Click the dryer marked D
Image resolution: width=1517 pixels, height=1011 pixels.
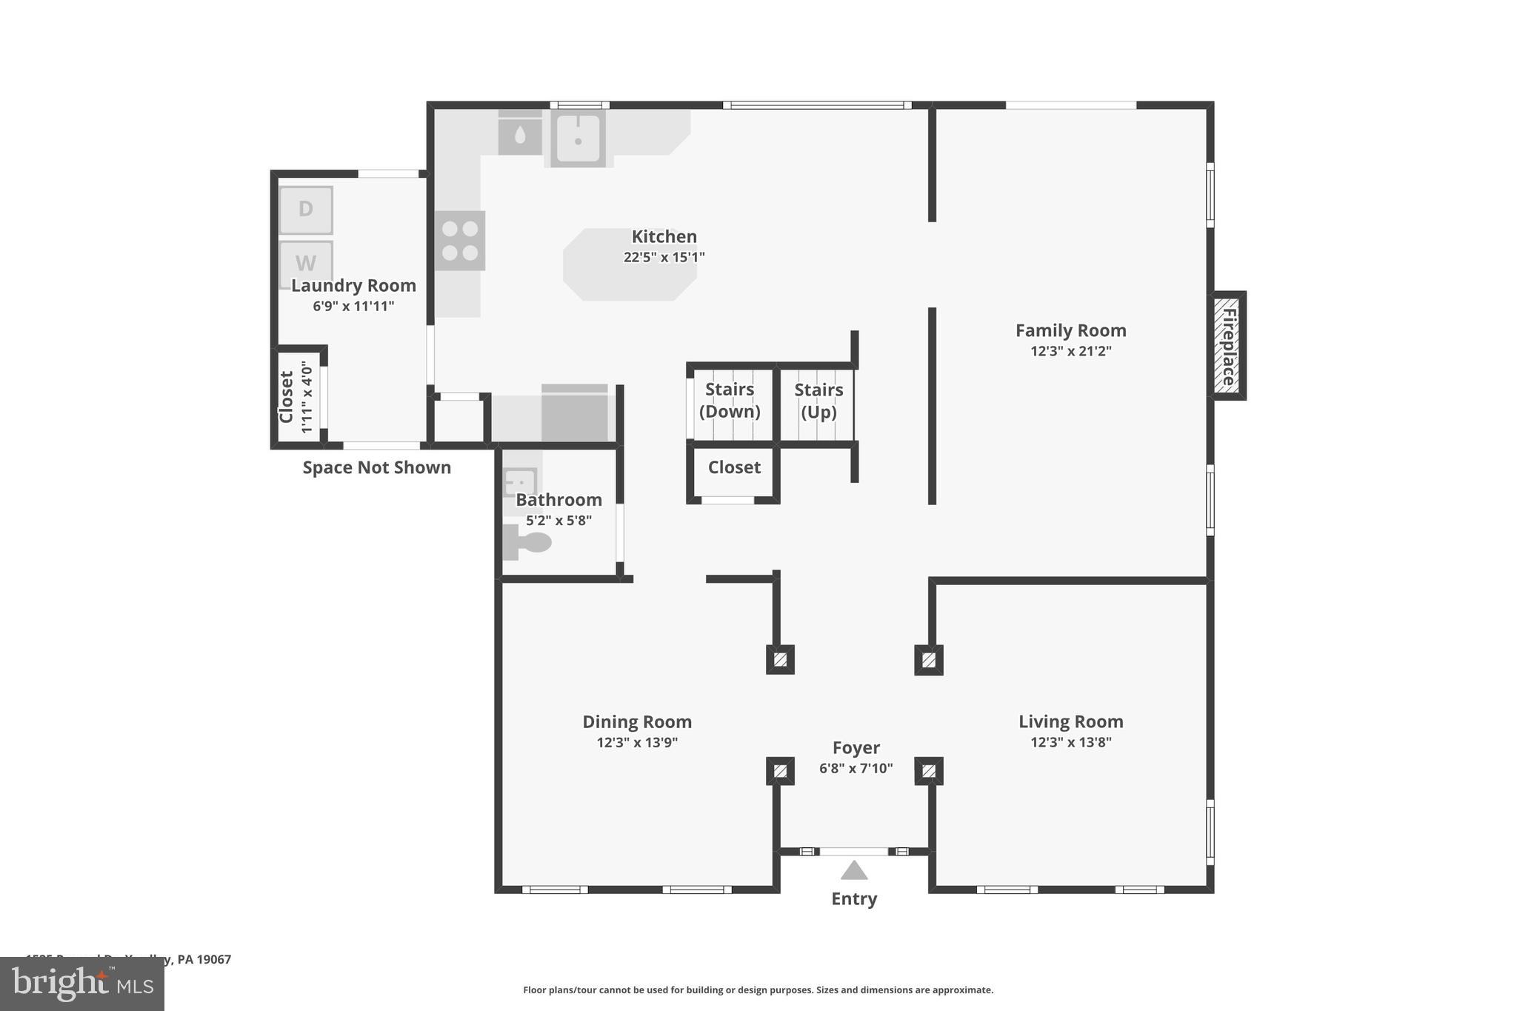pos(306,210)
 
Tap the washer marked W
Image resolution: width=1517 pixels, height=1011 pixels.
pos(306,261)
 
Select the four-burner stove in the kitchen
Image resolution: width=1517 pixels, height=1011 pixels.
pos(460,241)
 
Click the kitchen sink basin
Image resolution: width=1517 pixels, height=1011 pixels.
pos(578,138)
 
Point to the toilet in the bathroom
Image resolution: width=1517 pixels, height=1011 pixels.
pos(529,542)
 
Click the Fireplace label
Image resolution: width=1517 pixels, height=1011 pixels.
pos(1227,346)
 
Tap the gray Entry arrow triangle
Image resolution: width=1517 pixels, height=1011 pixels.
pos(854,870)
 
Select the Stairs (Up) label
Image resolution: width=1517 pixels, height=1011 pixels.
pos(818,401)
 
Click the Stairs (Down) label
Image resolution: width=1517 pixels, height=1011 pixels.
pos(730,400)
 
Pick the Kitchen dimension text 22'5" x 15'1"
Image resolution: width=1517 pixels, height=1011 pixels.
pos(664,258)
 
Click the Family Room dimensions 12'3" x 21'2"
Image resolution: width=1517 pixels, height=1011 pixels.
pos(1070,351)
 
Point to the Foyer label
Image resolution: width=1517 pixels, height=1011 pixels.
pos(856,748)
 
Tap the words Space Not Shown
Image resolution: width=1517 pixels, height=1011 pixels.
pos(376,467)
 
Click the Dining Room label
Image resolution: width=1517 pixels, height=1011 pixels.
pos(637,721)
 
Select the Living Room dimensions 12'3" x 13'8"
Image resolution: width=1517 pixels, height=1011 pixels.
pos(1070,742)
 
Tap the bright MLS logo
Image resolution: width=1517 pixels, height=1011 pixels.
pos(81,984)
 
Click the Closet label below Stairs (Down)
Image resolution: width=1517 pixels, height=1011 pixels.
pos(734,467)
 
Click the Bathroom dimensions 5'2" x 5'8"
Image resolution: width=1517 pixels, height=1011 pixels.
pos(559,521)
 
